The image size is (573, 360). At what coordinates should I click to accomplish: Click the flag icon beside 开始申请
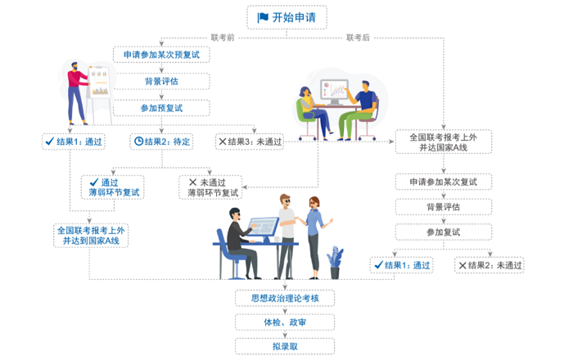(x=264, y=17)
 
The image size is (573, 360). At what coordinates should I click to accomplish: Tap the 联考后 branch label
(x=358, y=37)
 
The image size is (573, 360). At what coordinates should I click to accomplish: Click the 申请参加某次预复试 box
(x=162, y=55)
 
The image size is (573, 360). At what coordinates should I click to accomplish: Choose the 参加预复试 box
(x=162, y=108)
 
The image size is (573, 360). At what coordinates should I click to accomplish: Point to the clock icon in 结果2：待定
(x=138, y=142)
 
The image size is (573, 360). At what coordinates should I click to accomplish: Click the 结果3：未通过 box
(x=250, y=142)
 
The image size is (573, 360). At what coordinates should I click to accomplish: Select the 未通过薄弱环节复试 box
(x=213, y=187)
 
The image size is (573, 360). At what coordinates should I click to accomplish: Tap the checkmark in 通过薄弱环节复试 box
(x=95, y=182)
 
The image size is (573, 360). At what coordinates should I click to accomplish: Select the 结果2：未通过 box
(x=491, y=265)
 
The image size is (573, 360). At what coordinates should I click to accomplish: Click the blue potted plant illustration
(x=335, y=262)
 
